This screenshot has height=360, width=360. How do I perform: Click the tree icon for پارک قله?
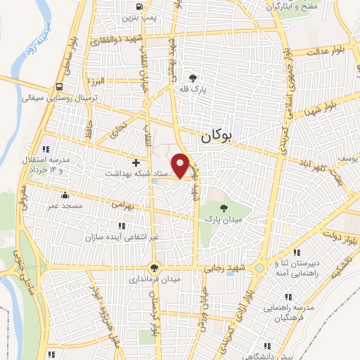[x=193, y=77]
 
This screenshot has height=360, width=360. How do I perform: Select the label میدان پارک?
[x=223, y=220]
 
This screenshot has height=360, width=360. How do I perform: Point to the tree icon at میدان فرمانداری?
[x=154, y=268]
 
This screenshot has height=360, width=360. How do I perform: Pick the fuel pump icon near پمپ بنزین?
[x=135, y=8]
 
